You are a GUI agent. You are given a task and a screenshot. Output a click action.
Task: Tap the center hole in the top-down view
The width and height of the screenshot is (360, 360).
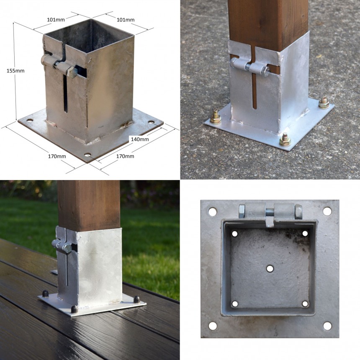click(x=270, y=268)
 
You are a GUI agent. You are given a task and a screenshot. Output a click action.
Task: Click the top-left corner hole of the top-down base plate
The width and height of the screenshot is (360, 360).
click(x=213, y=212)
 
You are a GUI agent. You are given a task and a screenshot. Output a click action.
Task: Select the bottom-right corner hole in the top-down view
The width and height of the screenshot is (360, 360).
click(x=327, y=326)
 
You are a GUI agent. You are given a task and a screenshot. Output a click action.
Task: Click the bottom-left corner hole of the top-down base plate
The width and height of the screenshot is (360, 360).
click(x=213, y=326)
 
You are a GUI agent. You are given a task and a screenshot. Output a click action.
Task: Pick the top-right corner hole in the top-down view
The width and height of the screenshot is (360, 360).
click(x=327, y=211)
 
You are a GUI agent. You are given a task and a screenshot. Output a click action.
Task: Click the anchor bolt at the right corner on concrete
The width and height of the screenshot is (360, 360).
click(x=323, y=102)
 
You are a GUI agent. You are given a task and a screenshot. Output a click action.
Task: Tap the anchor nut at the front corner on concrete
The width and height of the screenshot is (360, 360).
click(x=285, y=139)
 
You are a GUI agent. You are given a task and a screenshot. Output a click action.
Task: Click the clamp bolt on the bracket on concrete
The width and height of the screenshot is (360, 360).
click(x=250, y=66)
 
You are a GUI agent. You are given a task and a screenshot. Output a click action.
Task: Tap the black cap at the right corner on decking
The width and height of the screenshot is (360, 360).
click(x=137, y=299)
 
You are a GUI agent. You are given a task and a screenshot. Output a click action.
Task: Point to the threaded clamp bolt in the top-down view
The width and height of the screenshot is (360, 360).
click(x=270, y=210)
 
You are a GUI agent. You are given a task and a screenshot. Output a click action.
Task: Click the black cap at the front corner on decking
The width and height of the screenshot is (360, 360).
click(x=75, y=309)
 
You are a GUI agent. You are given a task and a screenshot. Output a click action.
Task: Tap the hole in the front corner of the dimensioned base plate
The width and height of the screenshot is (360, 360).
click(x=87, y=154)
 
